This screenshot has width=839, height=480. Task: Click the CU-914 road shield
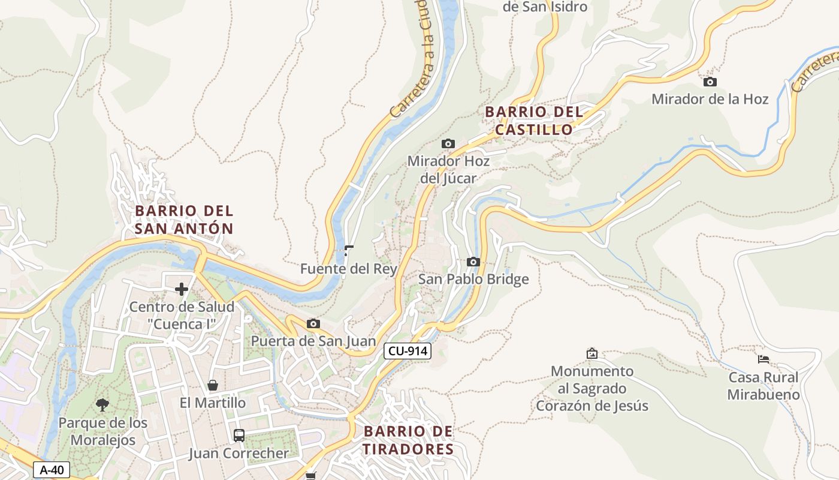tap(408, 352)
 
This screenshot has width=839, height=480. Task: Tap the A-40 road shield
tap(52, 470)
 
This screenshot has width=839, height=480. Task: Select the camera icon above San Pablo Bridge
tap(473, 262)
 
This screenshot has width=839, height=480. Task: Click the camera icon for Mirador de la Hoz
tap(710, 82)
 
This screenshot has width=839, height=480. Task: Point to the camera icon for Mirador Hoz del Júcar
tap(448, 143)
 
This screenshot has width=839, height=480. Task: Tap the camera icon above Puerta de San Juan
tap(313, 324)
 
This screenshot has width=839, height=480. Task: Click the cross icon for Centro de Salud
tap(181, 290)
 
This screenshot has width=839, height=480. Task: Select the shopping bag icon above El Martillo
tap(212, 385)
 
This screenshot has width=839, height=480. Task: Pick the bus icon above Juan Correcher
tap(239, 436)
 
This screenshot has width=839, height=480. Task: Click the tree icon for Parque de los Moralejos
tap(102, 405)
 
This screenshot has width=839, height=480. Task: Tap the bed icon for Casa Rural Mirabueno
tap(763, 359)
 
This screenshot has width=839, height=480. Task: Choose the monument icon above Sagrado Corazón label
tap(592, 353)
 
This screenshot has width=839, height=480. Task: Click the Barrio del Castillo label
tap(534, 121)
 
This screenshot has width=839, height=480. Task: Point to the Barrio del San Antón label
tap(184, 220)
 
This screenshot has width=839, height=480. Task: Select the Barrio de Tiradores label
tap(409, 440)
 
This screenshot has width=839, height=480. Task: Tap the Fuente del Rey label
tap(349, 269)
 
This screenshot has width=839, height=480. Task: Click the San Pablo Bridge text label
tap(473, 279)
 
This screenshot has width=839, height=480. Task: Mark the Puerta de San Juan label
tap(313, 341)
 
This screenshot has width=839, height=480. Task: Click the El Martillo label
tap(213, 403)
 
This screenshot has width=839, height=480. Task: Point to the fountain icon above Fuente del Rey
tap(349, 251)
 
